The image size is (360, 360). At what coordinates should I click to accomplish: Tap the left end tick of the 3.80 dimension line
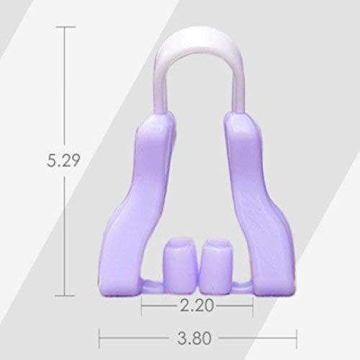(99, 334)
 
